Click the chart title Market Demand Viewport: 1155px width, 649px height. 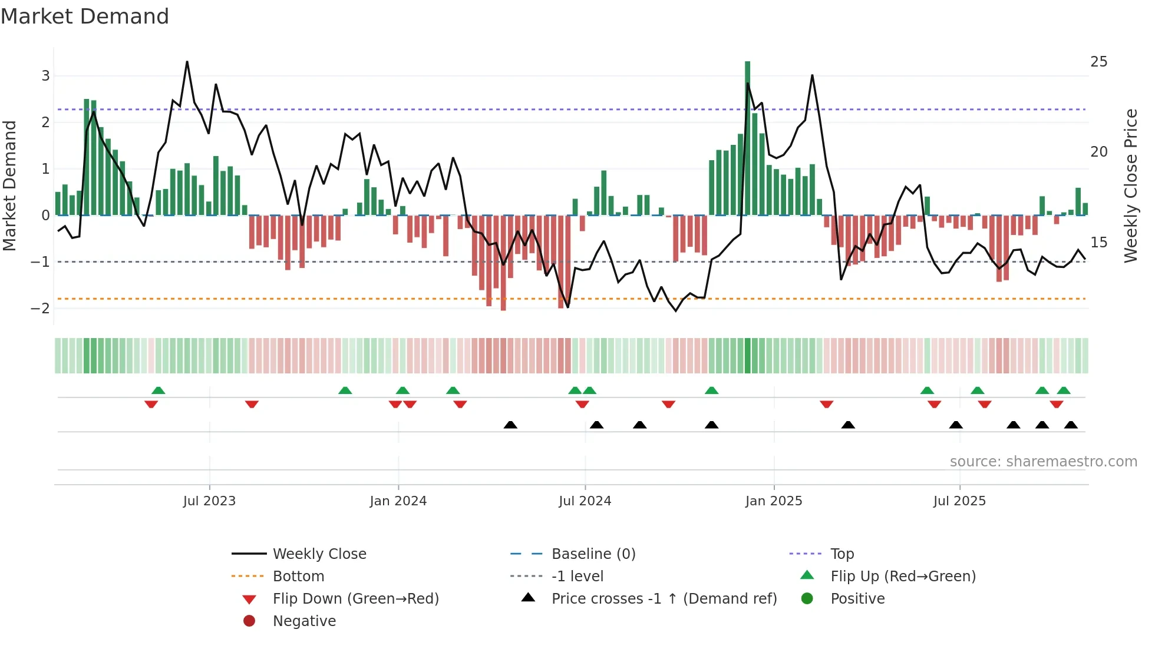click(x=85, y=16)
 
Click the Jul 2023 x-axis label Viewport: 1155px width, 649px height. click(x=209, y=501)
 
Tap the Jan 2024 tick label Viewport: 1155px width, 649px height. click(x=398, y=501)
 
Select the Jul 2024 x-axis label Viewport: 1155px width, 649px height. click(x=585, y=501)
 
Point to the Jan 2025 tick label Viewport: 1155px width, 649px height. click(x=773, y=501)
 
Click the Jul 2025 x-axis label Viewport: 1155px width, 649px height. click(x=959, y=501)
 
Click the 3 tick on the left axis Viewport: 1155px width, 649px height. click(x=45, y=76)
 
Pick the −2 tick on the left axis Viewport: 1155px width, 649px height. click(x=41, y=308)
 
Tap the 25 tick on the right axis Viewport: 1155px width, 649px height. click(x=1098, y=62)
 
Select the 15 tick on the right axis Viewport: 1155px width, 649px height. click(x=1098, y=243)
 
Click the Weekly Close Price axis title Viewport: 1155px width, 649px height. click(x=1130, y=186)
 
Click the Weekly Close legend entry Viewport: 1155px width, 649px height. click(x=319, y=554)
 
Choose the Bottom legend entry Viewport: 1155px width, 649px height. click(x=298, y=577)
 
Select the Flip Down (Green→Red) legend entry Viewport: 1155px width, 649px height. click(x=355, y=599)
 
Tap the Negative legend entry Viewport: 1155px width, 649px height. click(x=304, y=621)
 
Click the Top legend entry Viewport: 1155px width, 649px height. click(x=841, y=554)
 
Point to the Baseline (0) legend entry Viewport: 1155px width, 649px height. click(x=593, y=554)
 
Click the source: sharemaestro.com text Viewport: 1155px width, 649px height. click(x=1043, y=462)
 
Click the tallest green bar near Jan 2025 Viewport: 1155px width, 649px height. click(x=747, y=138)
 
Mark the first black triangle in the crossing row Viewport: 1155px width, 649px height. click(x=510, y=425)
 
